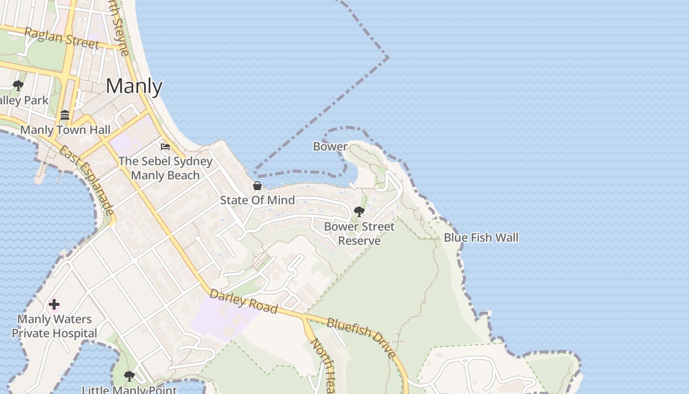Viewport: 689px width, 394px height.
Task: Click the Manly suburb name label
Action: coord(134,87)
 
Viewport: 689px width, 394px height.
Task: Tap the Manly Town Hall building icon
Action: coord(65,115)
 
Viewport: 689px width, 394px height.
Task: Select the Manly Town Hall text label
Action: coord(65,130)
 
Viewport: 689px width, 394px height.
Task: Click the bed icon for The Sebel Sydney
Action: coord(165,147)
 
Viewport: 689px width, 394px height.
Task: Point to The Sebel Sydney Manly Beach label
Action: coord(165,168)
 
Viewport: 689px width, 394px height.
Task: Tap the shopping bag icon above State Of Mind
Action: coord(257,186)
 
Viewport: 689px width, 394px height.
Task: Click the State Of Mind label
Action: coord(257,200)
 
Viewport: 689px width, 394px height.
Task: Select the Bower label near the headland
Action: coord(330,146)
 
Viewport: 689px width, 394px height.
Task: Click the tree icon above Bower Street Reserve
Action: coord(359,212)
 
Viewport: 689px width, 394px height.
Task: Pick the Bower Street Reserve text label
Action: coord(359,233)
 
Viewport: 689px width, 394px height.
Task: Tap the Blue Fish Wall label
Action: coord(481,237)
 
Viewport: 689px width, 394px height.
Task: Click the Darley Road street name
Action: coord(243,301)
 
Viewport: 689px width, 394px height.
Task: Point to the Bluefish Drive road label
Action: coord(362,337)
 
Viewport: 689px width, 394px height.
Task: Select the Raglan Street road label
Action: coord(62,38)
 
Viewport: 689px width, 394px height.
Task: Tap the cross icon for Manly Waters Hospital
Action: coord(54,304)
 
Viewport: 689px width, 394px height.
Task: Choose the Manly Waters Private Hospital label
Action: coord(55,326)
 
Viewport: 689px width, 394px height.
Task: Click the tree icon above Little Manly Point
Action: coord(129,376)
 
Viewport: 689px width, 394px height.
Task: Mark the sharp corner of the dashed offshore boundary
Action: coord(387,58)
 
